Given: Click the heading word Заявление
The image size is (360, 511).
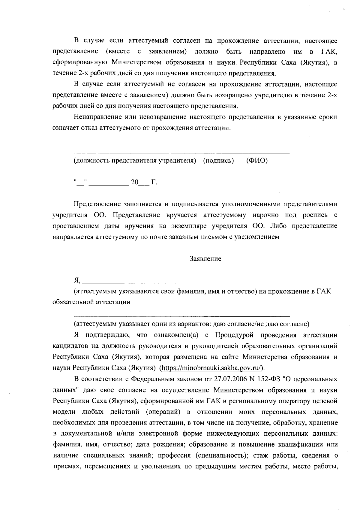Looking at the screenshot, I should (205, 259).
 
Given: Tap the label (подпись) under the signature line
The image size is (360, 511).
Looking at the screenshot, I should (218, 161).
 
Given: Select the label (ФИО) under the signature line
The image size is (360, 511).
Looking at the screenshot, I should (257, 161).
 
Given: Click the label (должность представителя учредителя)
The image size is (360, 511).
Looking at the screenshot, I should (135, 161).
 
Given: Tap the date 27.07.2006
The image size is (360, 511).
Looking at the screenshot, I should (230, 379).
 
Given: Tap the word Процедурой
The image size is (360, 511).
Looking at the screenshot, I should (234, 335).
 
